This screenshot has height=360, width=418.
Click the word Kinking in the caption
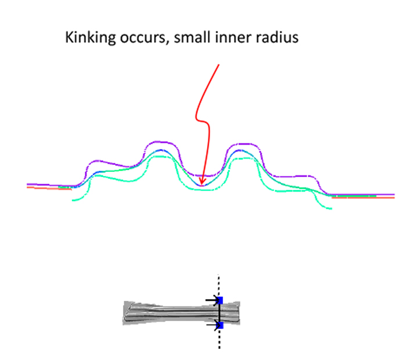(91, 37)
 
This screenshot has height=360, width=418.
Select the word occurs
(143, 37)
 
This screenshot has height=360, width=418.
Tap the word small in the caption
(192, 37)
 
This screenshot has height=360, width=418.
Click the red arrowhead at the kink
(202, 181)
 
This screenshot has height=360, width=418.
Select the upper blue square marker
(219, 301)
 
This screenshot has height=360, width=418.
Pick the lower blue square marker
(220, 325)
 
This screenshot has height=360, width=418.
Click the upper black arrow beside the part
(212, 300)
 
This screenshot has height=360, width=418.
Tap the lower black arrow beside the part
(213, 325)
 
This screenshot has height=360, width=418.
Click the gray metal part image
(181, 312)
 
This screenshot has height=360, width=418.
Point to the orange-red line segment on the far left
(49, 188)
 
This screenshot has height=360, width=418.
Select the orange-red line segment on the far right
(363, 197)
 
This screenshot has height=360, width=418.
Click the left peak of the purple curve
(160, 142)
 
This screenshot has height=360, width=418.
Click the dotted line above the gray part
(219, 285)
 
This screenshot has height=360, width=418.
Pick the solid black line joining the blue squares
(219, 313)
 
